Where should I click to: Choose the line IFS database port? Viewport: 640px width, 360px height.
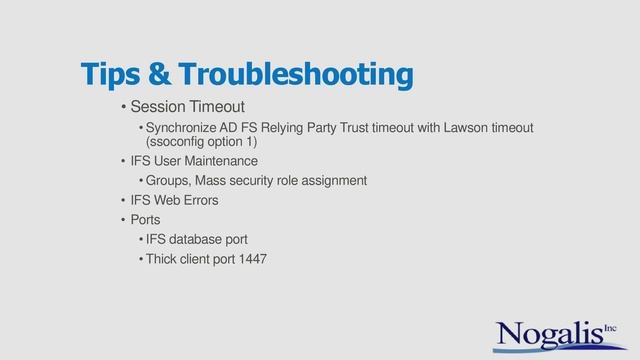pyautogui.click(x=196, y=239)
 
